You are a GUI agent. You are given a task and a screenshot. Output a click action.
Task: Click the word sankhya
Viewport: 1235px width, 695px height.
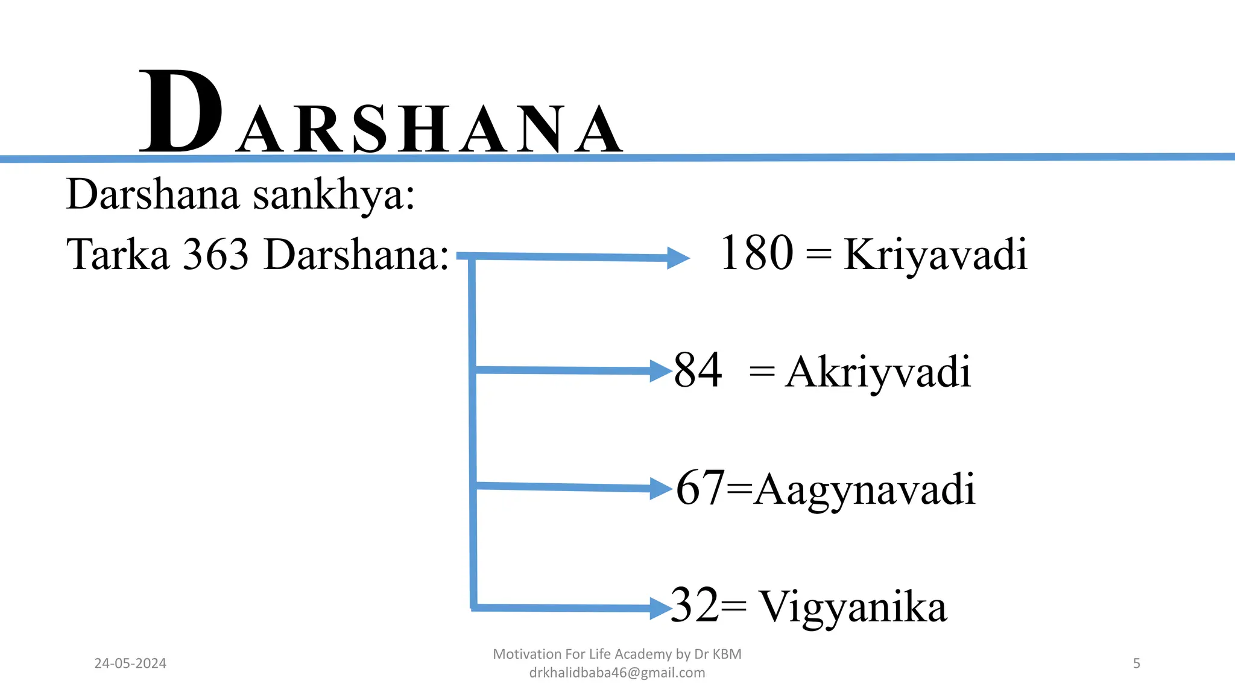[x=334, y=195]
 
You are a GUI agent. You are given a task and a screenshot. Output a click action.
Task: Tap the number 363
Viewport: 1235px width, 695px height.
[x=216, y=255]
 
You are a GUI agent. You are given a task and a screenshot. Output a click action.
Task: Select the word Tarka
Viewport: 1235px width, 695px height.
[x=118, y=255]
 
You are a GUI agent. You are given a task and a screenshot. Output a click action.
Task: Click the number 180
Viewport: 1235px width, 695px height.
[x=756, y=253]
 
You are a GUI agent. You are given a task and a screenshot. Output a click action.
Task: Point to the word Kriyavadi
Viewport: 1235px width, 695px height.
[x=935, y=255]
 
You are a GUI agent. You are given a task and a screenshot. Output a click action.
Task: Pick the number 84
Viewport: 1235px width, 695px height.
[x=698, y=370]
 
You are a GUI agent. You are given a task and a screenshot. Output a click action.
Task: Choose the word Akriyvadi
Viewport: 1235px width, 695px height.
[x=878, y=372]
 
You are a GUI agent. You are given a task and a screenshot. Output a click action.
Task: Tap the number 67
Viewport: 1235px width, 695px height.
[x=700, y=487]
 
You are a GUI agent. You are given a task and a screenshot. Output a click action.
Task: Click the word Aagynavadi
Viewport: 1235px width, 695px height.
[x=864, y=490]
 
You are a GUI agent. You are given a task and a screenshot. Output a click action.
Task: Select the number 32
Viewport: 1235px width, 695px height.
[x=695, y=605]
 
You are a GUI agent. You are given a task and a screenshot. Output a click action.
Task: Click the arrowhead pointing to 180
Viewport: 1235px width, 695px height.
[x=678, y=258]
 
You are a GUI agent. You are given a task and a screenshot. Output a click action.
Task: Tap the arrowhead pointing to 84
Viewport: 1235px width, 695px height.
[x=661, y=371]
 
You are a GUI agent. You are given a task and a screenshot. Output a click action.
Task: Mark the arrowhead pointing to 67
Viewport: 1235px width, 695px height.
[x=661, y=489]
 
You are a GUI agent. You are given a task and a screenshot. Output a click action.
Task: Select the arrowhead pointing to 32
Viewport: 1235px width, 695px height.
[x=661, y=608]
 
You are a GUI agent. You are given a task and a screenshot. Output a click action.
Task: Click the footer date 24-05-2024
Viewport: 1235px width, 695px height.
[x=130, y=664]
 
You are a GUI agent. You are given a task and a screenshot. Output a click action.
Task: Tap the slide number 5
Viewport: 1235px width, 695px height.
[x=1137, y=664]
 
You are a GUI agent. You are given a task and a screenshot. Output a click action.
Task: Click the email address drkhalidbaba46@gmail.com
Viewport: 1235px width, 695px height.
[x=617, y=673]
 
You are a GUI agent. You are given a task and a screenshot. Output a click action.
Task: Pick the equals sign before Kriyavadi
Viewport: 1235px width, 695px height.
[x=818, y=255]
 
